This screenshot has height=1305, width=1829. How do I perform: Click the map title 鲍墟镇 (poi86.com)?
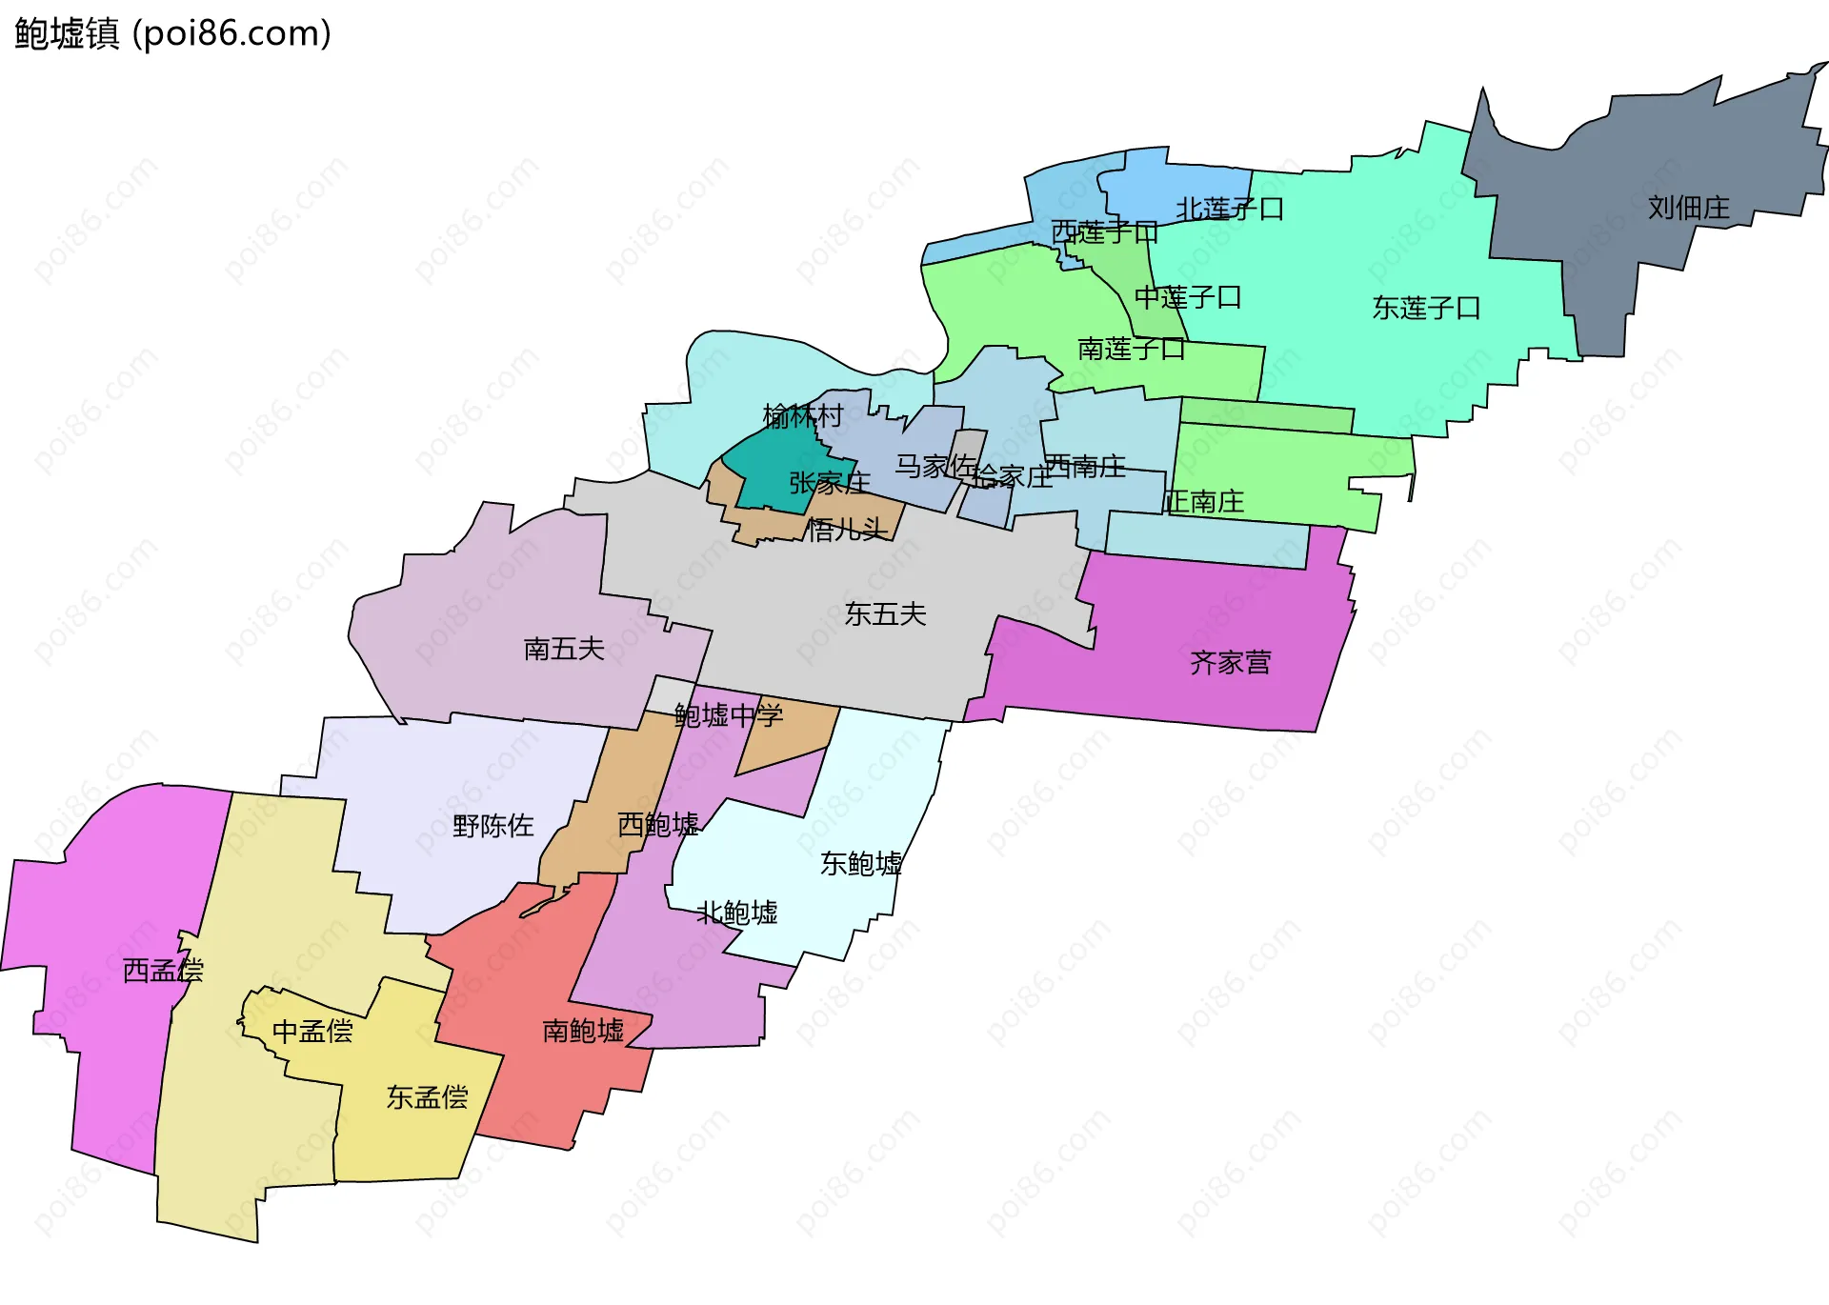click(172, 34)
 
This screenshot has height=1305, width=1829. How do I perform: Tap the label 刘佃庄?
click(1688, 208)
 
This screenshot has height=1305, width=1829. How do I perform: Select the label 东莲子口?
click(1426, 308)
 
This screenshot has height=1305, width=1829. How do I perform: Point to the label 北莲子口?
click(1230, 209)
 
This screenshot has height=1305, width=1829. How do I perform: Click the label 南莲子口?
click(1131, 349)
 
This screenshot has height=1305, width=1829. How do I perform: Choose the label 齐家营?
click(1230, 662)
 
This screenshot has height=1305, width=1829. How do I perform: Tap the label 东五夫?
click(885, 613)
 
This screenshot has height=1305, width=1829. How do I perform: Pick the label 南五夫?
click(564, 649)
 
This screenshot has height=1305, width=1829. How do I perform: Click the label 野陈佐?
click(492, 825)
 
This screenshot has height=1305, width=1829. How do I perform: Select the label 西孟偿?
click(163, 970)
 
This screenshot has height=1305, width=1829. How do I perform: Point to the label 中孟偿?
click(312, 1031)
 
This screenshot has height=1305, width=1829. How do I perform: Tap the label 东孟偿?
click(427, 1097)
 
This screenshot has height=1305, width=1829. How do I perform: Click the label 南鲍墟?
click(583, 1030)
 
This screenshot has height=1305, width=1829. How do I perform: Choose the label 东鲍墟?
click(861, 863)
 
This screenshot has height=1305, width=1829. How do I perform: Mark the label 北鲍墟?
click(737, 913)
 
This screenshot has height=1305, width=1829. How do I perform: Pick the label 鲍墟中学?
click(729, 714)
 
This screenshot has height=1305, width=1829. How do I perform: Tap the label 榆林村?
click(803, 415)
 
